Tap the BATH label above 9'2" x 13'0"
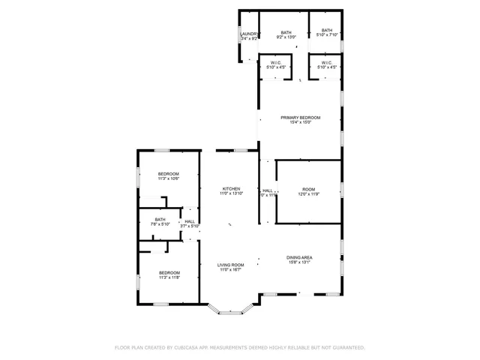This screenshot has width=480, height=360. point(286,32)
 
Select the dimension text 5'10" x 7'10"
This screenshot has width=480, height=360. point(327,35)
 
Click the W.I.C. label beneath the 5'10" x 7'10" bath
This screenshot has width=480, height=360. point(327,63)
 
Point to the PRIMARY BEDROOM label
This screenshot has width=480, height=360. point(301,118)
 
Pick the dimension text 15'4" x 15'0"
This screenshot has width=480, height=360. point(301,123)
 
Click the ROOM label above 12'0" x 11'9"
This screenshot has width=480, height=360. point(309,189)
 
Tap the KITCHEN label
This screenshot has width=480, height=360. point(231,188)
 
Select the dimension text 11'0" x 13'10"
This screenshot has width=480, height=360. point(231,193)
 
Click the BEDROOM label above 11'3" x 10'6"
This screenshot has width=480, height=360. point(168,174)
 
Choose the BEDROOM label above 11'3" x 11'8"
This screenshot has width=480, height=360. point(169,272)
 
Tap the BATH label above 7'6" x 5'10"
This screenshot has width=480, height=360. point(160,220)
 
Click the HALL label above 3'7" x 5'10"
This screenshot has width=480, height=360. point(190,221)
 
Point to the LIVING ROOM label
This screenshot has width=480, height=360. point(231,265)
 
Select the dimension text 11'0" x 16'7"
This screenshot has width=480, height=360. point(231,270)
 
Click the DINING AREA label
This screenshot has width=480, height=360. point(299,257)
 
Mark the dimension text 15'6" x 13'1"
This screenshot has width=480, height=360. point(299,262)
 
